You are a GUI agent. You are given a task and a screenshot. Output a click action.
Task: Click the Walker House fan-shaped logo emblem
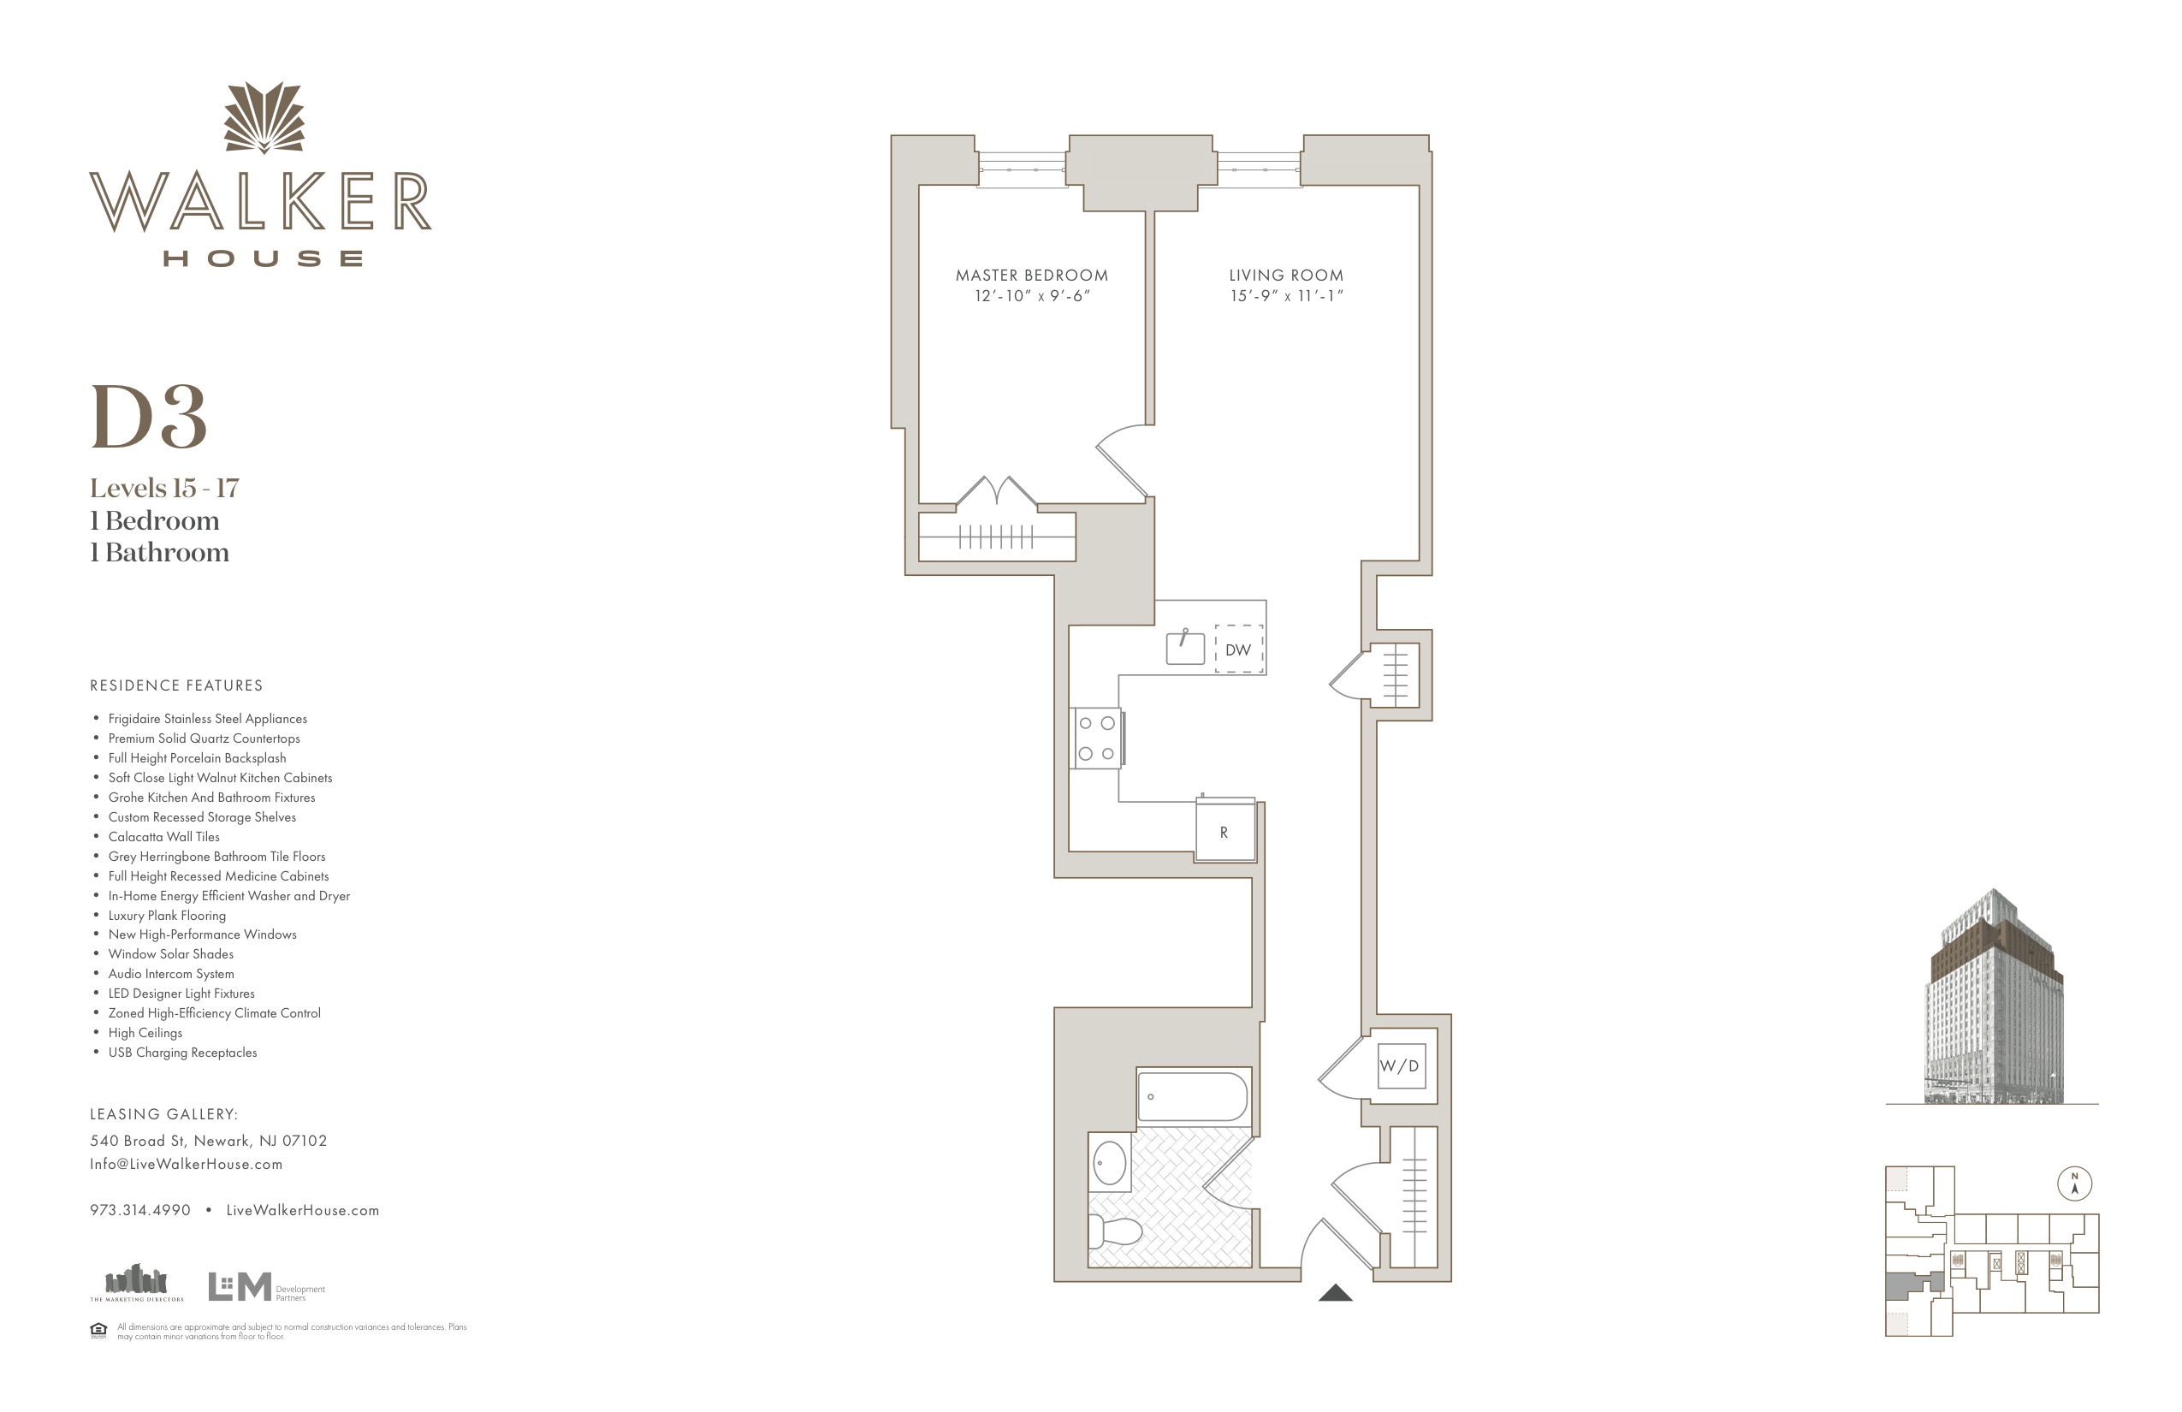point(264,117)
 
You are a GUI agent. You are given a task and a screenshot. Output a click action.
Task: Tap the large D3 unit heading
point(149,418)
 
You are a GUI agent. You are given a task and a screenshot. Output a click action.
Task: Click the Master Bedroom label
point(1031,275)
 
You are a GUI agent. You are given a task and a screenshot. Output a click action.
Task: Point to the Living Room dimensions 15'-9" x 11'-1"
point(1286,296)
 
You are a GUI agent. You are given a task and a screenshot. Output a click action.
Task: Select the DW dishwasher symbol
point(1239,650)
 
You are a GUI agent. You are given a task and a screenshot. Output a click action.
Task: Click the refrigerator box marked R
point(1224,830)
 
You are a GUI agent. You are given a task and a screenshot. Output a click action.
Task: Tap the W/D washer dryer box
point(1401,1065)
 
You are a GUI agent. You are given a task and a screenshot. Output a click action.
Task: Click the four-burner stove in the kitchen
point(1097,738)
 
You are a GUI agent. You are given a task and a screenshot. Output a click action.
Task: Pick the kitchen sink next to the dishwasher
point(1184,647)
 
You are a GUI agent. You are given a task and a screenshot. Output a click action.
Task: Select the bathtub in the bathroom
point(1193,1096)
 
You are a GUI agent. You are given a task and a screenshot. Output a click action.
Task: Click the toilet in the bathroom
point(1115,1231)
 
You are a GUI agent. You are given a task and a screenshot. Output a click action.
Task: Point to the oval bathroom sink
point(1109,1162)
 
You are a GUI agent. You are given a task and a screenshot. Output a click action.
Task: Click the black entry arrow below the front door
point(1336,1293)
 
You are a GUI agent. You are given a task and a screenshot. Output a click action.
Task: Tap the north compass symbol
point(2075,1184)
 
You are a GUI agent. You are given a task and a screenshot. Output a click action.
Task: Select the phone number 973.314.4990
point(140,1210)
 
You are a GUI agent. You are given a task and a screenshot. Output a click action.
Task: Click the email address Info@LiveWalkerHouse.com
point(187,1165)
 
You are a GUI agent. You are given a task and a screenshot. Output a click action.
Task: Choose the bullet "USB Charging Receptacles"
point(182,1053)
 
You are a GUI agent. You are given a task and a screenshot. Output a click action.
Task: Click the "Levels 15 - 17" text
point(164,488)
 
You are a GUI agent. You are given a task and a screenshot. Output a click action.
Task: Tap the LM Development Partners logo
point(267,1286)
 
